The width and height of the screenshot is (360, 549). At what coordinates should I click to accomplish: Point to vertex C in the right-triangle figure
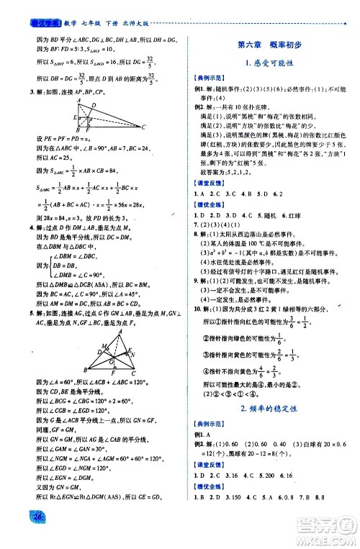123,127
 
